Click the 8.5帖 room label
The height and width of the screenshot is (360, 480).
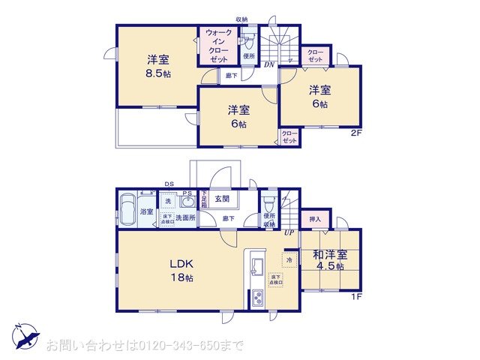(x=157, y=67)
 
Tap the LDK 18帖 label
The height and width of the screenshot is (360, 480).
(x=181, y=271)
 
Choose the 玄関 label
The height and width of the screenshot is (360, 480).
(x=222, y=199)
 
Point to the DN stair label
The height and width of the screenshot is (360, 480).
(x=268, y=64)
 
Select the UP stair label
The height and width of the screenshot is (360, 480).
(x=289, y=232)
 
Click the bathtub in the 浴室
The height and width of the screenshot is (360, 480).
(x=127, y=208)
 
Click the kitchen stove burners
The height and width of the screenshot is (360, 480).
(x=257, y=298)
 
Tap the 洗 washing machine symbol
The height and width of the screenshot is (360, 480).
(x=168, y=201)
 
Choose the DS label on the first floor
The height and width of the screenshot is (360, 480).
(x=169, y=184)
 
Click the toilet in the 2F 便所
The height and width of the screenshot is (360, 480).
(x=249, y=40)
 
